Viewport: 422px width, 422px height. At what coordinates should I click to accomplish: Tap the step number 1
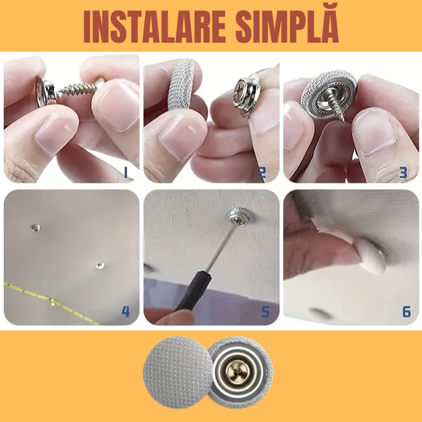pos(125,171)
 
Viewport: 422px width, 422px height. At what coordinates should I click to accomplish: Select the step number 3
pos(404,171)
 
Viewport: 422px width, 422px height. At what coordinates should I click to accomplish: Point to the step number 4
pos(126,311)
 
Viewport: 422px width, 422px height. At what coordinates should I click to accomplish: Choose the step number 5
pos(265,311)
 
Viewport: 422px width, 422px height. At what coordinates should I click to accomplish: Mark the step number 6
pos(406,311)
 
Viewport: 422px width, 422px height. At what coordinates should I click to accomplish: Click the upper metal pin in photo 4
pos(34,228)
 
